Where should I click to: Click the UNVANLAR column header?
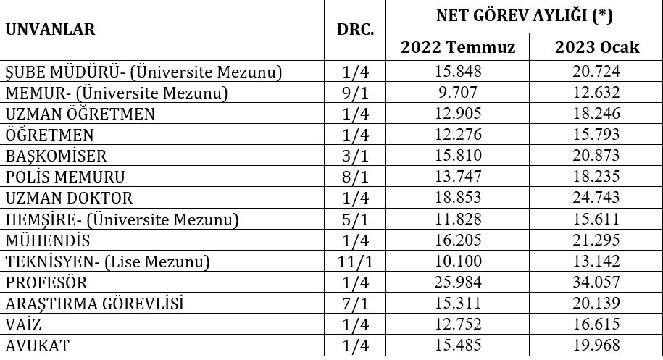[51, 30]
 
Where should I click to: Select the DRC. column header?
[355, 30]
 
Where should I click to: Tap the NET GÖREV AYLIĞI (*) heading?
[525, 16]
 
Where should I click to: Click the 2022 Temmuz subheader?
[458, 48]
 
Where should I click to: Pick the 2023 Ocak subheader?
[597, 48]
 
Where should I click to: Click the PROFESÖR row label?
[46, 282]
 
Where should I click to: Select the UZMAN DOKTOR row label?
[70, 198]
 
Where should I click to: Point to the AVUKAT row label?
[38, 346]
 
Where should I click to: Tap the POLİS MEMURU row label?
[65, 177]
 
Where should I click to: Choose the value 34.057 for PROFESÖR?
[597, 282]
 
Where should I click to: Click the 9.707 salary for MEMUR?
[458, 93]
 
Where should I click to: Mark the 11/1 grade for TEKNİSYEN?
[355, 261]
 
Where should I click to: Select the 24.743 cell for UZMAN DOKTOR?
[597, 198]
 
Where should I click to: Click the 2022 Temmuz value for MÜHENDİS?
[458, 240]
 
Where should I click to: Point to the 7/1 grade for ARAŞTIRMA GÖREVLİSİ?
[355, 304]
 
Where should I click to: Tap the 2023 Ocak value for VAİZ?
[597, 325]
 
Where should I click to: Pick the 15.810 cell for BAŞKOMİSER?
[458, 156]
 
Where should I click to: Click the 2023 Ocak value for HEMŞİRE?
[597, 219]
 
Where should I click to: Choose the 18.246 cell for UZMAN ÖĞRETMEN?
[597, 114]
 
